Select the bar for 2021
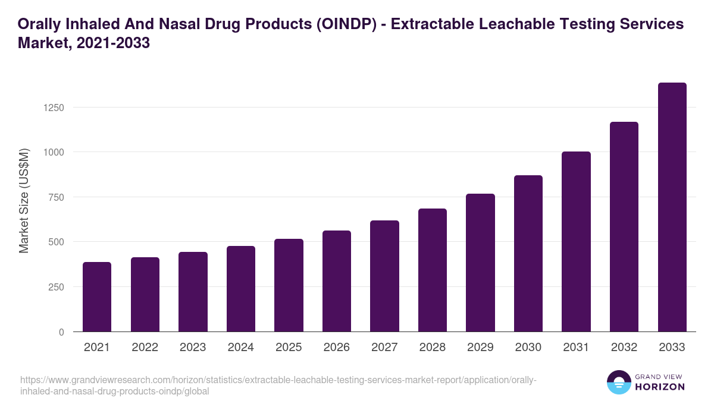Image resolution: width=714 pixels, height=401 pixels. tap(97, 297)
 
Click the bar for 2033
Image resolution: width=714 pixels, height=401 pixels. tap(672, 207)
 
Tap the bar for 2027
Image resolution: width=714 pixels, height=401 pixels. tap(384, 276)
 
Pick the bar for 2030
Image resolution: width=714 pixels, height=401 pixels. tap(528, 254)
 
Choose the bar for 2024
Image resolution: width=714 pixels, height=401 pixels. tap(241, 289)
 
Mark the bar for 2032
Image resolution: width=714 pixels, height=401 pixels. tap(624, 227)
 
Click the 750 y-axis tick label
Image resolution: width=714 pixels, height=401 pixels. tap(55, 197)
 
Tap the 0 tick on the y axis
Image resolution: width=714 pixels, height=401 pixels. tap(61, 332)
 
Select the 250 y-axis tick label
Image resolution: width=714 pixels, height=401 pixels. tap(55, 287)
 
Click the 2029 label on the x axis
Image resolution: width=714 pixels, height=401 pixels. tap(480, 348)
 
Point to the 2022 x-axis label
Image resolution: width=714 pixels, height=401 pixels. tap(145, 348)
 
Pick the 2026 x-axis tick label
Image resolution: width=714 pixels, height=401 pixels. tap(337, 348)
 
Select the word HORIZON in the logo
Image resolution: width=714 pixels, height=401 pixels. tap(659, 387)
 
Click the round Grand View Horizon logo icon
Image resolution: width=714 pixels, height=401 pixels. tap(618, 382)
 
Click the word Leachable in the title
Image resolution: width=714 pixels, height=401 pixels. tap(517, 24)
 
